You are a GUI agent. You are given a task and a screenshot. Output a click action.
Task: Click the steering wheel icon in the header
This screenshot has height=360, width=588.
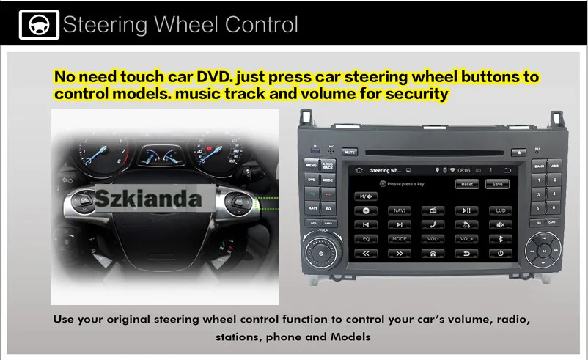(x=34, y=25)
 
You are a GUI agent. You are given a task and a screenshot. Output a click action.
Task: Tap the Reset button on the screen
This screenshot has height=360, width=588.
(x=467, y=185)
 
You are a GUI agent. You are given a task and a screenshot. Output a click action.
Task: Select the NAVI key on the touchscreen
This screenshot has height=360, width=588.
(x=400, y=210)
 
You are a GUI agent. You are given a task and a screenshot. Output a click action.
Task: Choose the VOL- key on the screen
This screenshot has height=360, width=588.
(x=433, y=238)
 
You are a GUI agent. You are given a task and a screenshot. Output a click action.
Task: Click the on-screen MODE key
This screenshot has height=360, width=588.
(x=400, y=238)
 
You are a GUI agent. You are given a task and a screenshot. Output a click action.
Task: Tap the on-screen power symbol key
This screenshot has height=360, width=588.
(x=501, y=253)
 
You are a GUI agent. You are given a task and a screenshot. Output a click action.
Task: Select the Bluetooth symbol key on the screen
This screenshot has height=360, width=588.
(x=501, y=238)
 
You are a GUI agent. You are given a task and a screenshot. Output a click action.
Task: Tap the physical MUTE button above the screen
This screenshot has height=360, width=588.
(x=350, y=153)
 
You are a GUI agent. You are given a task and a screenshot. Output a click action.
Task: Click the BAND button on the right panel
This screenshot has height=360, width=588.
(x=540, y=166)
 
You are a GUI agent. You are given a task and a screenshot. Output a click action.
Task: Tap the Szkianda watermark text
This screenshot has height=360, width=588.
(x=158, y=198)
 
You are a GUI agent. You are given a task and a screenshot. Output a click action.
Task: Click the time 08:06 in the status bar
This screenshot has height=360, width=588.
(x=463, y=170)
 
